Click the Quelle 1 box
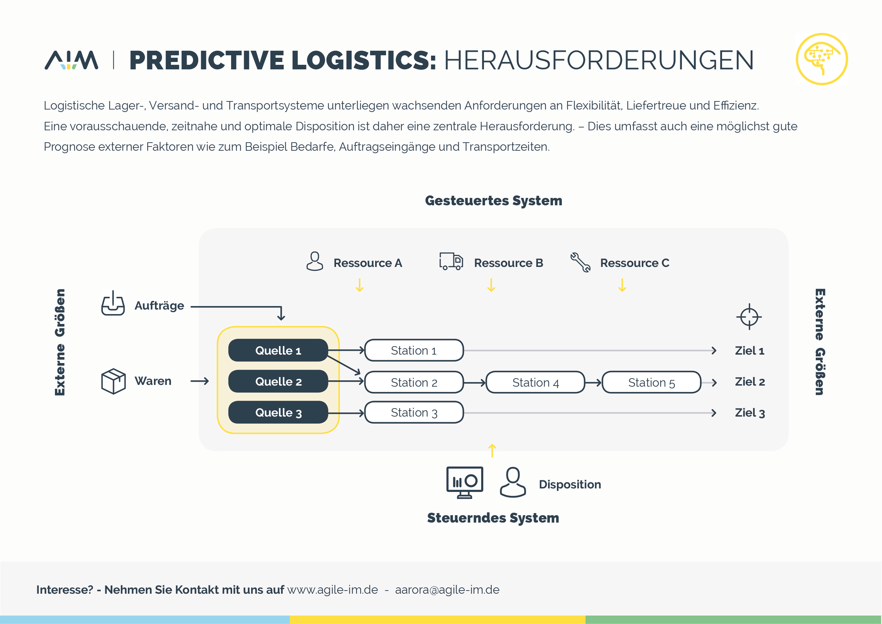coord(278,350)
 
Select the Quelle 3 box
coord(278,412)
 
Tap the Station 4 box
coord(535,382)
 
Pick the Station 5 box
coord(651,382)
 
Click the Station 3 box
coord(414,412)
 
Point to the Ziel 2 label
coord(750,381)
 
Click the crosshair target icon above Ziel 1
coord(749,317)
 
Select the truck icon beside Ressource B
coord(451,261)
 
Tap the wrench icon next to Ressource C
coord(580,262)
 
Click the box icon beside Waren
coord(113,381)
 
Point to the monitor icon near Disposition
coord(465,482)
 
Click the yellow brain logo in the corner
coord(822,59)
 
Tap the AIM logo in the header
coord(72,60)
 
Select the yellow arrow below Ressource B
coord(491,285)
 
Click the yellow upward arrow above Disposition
coord(492,451)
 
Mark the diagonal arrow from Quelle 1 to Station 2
coord(344,365)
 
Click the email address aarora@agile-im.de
coord(447,589)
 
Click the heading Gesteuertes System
coord(493,201)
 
